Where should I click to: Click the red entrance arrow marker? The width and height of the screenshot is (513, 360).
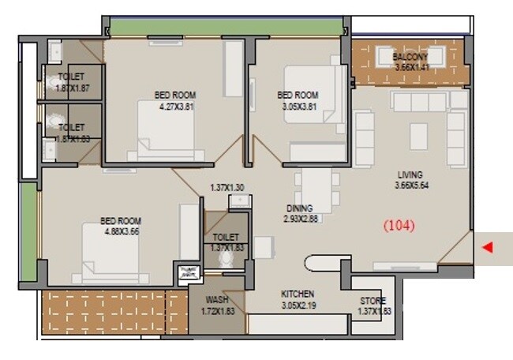487,248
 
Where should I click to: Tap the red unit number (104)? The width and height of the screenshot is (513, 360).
399,225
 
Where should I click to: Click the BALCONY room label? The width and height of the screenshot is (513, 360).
410,58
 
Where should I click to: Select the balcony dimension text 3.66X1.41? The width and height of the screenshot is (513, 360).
410,68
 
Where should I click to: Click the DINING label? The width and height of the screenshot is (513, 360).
300,208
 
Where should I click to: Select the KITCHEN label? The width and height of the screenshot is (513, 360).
298,294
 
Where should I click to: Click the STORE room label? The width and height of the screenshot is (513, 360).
373,302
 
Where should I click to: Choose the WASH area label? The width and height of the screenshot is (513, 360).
216,301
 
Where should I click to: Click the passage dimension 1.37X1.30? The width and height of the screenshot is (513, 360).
227,187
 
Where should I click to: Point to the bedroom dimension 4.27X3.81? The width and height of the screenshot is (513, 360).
176,106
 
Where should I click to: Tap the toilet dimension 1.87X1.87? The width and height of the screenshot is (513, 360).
72,89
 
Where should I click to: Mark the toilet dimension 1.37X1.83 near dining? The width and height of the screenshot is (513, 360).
227,247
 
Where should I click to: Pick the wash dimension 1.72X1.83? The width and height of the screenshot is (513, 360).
216,312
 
